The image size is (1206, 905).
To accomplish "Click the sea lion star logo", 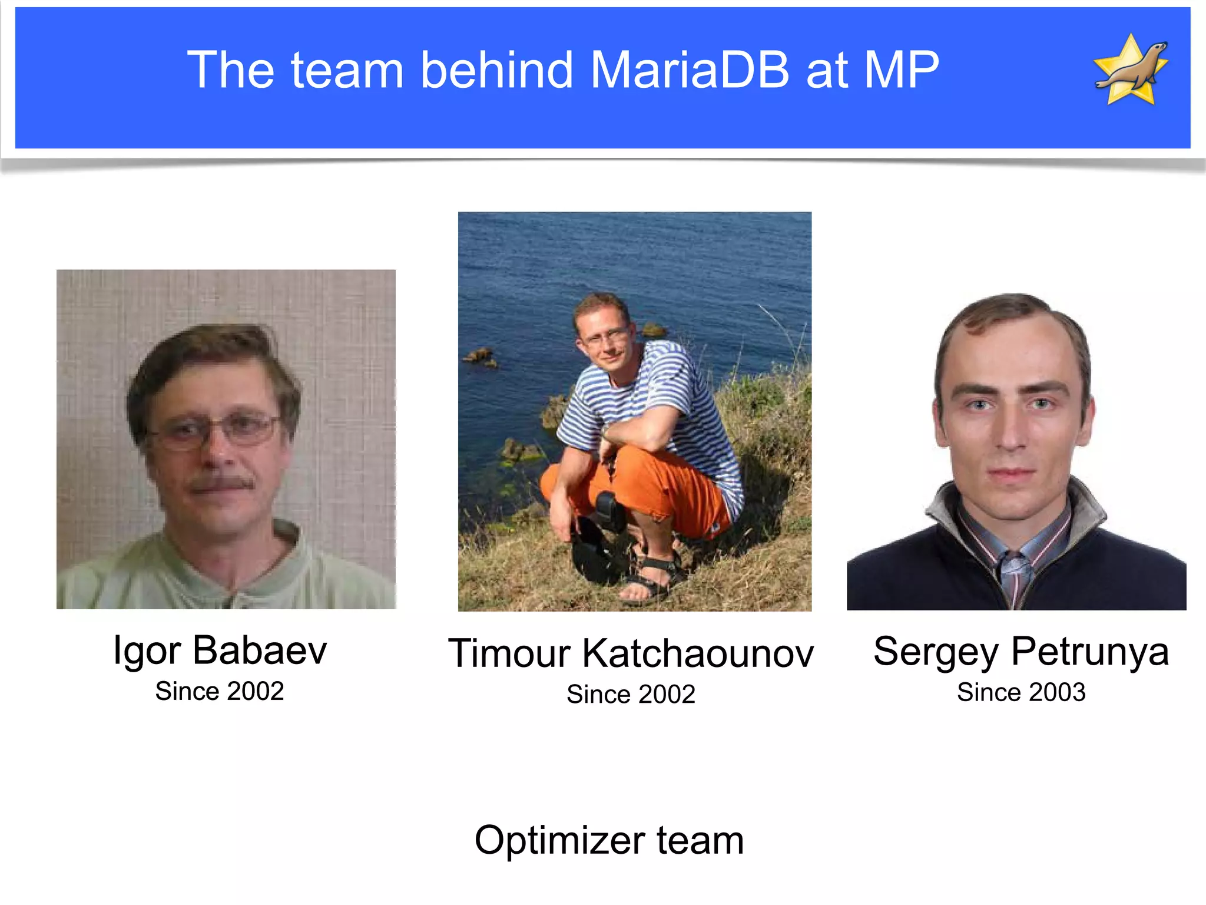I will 1131,70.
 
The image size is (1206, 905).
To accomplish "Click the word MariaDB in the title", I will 690,70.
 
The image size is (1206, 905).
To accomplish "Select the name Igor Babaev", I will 220,650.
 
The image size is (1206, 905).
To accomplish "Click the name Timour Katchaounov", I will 631,653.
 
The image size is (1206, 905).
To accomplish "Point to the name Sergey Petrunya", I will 1021,652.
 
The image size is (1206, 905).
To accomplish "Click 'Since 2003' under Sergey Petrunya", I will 1021,692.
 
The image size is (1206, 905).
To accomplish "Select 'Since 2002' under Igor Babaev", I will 220,691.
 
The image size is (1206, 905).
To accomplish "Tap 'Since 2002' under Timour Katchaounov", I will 631,694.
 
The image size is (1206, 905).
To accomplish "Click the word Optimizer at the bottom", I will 556,840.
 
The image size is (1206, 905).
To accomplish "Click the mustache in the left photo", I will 221,484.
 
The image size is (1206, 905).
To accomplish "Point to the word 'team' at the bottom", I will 700,840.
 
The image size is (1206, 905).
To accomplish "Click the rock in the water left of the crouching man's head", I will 480,356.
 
